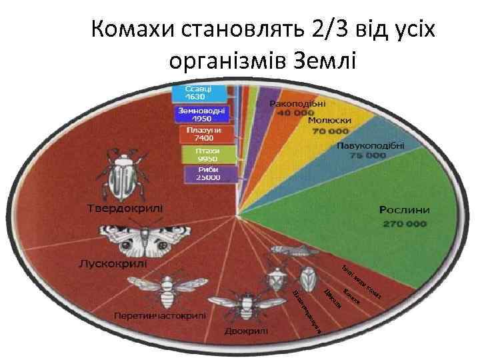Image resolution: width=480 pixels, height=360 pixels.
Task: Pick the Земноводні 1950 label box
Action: (201, 114)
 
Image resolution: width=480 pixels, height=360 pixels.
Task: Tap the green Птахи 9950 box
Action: (208, 155)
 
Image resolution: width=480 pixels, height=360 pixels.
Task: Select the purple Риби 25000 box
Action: (208, 174)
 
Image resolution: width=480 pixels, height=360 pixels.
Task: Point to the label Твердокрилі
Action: (126, 207)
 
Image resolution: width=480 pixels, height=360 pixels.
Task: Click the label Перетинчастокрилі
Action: (160, 314)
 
